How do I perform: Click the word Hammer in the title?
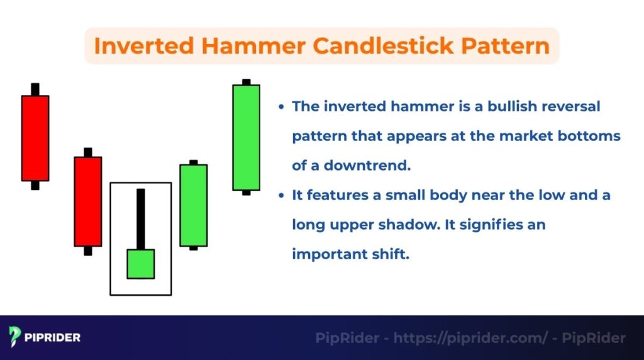tap(248, 45)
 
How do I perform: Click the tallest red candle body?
tap(35, 138)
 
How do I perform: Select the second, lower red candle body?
tap(88, 201)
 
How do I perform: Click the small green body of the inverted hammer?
tap(141, 264)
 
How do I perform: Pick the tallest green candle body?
tap(246, 137)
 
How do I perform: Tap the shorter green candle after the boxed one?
tap(194, 205)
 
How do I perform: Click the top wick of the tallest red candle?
tap(35, 89)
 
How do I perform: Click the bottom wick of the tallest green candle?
tap(246, 193)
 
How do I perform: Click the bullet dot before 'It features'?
tap(282, 196)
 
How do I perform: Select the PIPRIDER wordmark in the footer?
tap(53, 338)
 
